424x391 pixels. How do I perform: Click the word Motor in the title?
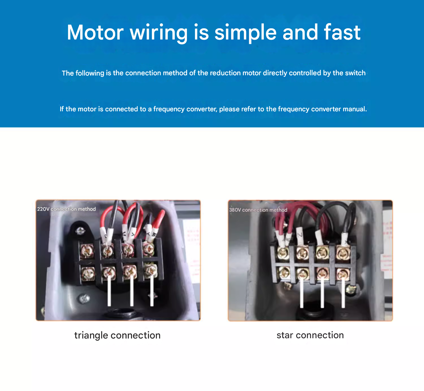point(95,32)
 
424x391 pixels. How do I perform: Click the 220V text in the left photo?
point(43,209)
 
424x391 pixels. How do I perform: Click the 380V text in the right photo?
point(235,210)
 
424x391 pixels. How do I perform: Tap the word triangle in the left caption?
point(91,335)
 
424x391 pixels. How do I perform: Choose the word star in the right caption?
point(285,335)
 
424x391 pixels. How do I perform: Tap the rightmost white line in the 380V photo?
point(343,293)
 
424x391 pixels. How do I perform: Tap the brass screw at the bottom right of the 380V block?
point(351,289)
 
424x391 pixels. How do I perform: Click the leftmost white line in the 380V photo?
point(302,293)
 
